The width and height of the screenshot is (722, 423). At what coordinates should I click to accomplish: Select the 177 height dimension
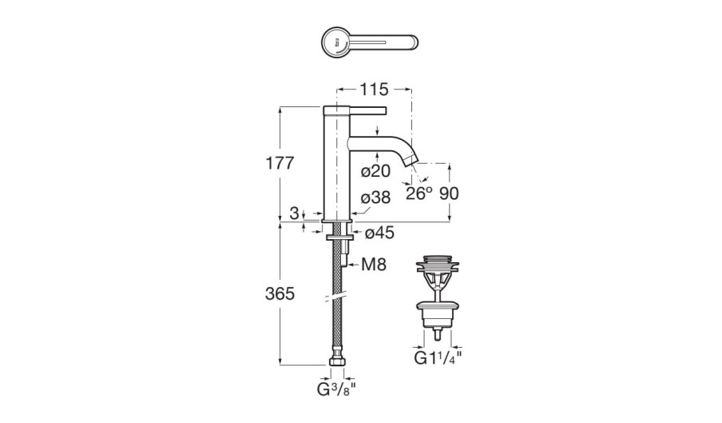pyautogui.click(x=280, y=163)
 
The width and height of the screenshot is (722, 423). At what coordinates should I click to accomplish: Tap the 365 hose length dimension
pyautogui.click(x=280, y=293)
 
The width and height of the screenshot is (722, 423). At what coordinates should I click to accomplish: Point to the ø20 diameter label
pyautogui.click(x=375, y=170)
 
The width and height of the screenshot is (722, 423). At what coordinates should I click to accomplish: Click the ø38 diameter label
pyautogui.click(x=375, y=198)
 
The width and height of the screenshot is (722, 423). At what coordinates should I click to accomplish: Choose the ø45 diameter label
pyautogui.click(x=380, y=233)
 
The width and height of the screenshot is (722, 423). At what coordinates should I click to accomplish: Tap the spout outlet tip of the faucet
pyautogui.click(x=411, y=166)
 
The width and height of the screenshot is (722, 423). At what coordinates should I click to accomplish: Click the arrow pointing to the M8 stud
pyautogui.click(x=356, y=263)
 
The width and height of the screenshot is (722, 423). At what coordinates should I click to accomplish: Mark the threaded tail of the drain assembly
pyautogui.click(x=438, y=329)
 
